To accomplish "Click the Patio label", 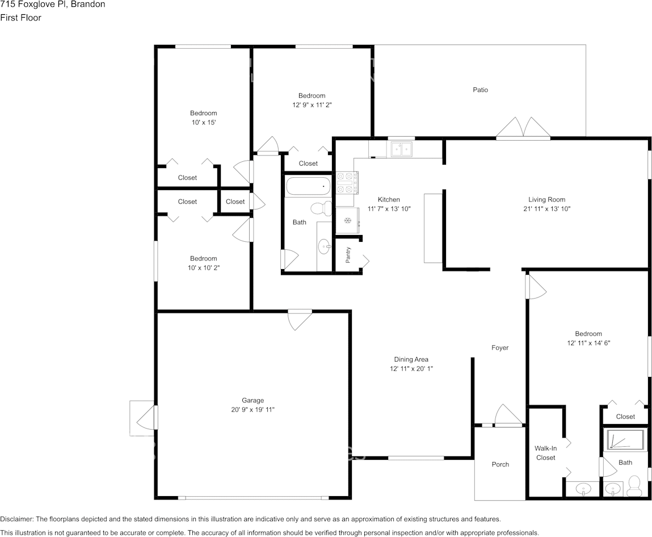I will tap(480, 90).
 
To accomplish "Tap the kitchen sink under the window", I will tap(401, 149).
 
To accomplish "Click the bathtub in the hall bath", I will tap(307, 186).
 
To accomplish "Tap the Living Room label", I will tap(546, 199).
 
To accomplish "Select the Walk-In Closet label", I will tap(545, 452).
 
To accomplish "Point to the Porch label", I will tap(500, 464).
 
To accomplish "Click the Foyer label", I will tap(500, 347).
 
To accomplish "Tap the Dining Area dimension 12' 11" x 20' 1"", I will tap(411, 368).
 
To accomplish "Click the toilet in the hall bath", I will tap(325, 208).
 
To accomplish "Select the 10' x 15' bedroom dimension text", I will tap(203, 122).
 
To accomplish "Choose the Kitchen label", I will tap(389, 199).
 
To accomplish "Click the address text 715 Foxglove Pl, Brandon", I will tap(52, 5).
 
